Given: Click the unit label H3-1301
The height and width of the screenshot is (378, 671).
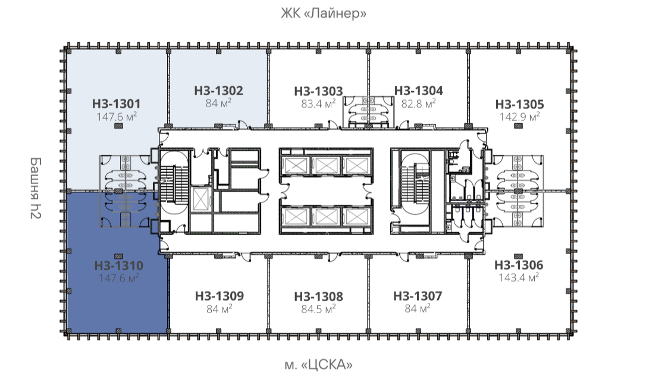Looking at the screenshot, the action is coord(117,104).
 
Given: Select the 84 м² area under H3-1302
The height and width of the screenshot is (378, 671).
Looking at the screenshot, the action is coord(219,103).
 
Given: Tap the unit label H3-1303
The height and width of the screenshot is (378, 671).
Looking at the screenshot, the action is coord(318,91).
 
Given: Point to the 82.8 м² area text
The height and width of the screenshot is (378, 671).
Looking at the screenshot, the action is coord(419,103).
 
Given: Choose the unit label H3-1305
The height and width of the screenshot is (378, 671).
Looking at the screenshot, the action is coord(519,104).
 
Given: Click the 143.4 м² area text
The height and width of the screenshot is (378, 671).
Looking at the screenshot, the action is coord(519,277).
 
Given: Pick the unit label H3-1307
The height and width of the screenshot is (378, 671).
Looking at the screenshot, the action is coord(418,296).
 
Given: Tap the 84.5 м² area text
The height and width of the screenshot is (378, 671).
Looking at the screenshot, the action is coord(318,308).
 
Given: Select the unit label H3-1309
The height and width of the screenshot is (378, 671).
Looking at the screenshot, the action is coord(220,296).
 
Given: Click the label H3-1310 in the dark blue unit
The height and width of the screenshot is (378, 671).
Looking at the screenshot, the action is coord(119,265).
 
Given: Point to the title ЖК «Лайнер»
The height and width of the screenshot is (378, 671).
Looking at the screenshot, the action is coord(324,13).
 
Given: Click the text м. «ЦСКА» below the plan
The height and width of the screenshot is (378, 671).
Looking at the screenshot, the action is coord(318,365).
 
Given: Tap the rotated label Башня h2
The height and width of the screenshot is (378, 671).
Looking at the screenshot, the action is coord(36,188).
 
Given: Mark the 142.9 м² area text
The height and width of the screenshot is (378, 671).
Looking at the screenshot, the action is coord(519,117).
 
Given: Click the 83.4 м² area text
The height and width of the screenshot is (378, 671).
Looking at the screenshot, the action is coord(318,103).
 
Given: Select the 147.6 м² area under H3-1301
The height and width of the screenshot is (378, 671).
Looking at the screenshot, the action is coord(117,116).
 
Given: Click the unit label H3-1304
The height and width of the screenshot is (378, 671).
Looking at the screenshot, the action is coord(419,90).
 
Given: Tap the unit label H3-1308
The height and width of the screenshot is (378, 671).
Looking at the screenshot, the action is coord(318,296).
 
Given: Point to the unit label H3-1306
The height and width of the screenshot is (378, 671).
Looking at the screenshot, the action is coord(519,265).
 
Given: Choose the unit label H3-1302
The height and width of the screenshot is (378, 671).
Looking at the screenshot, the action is coord(219,90).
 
